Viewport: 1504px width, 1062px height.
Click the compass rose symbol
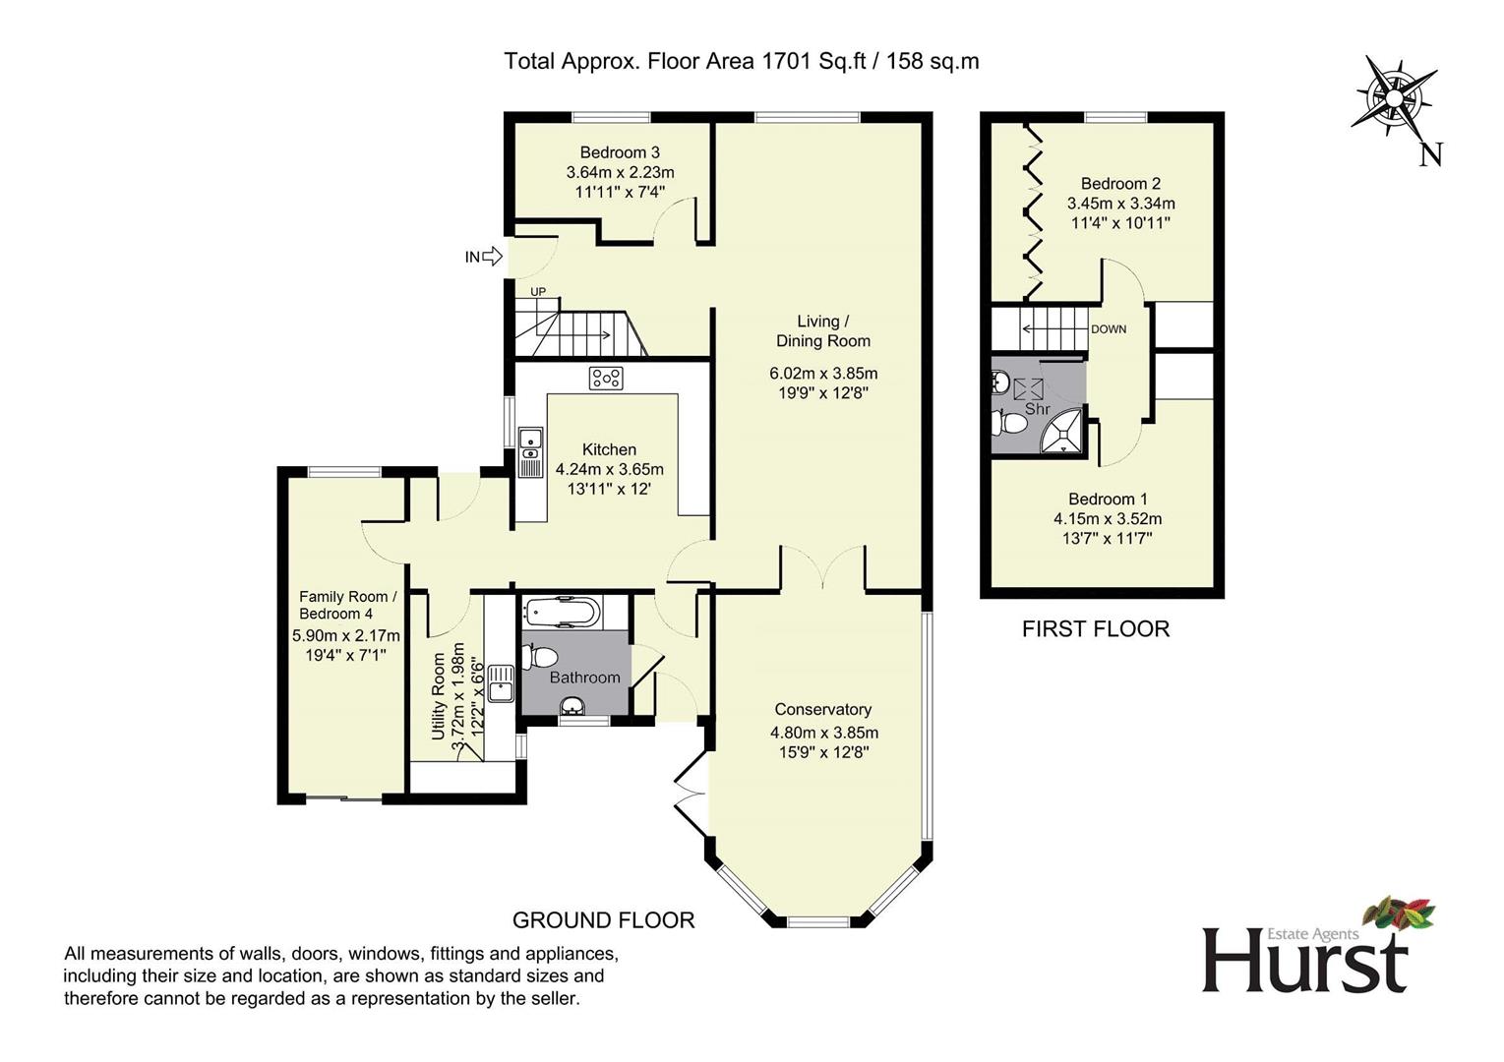coord(1394,99)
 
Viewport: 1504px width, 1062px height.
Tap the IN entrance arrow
coord(493,256)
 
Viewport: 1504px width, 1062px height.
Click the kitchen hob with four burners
coord(606,379)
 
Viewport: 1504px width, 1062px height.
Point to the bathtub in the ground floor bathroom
coord(563,612)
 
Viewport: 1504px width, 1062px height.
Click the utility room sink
coord(501,683)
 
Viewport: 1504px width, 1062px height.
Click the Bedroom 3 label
coord(620,152)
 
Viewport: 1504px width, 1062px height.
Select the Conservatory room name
coord(822,709)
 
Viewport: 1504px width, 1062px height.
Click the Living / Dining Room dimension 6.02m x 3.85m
coord(823,374)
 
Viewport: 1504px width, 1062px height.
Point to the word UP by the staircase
coord(538,292)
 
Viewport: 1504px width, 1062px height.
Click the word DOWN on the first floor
coord(1109,329)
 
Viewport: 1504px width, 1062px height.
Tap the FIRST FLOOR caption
coord(1096,629)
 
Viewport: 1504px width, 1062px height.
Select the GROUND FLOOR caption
coord(604,920)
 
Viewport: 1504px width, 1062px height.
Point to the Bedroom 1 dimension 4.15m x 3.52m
coord(1108,519)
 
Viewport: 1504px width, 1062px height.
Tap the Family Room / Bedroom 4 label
coord(348,605)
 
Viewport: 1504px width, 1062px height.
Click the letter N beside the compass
coord(1431,155)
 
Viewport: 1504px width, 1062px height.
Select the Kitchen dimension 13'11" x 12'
coord(609,489)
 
